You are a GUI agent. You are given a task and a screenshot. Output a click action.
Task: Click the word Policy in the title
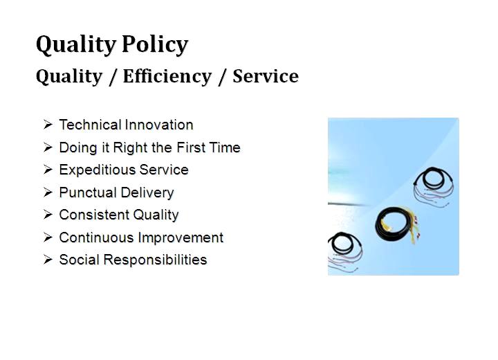[x=155, y=44]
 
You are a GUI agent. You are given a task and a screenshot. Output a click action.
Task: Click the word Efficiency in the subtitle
[x=167, y=77]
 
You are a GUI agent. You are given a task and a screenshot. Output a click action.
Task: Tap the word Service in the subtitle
[x=266, y=76]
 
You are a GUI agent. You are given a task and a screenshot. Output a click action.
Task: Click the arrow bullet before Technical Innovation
[x=48, y=125]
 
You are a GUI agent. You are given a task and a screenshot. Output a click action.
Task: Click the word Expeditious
[x=98, y=170]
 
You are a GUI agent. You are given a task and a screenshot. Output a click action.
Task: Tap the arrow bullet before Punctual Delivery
[x=48, y=192]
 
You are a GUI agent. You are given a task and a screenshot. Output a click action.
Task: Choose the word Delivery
[x=147, y=193]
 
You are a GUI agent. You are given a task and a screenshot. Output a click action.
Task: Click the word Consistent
[x=94, y=215]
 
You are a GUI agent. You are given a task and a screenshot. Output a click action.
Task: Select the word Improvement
[x=181, y=238]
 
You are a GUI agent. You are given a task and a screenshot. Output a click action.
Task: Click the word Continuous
[x=97, y=237]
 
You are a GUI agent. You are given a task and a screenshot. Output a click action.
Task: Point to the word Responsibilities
[x=156, y=260]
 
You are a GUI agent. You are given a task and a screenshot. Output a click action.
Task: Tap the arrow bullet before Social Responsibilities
[x=48, y=260]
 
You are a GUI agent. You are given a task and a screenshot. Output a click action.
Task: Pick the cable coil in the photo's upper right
[x=434, y=187]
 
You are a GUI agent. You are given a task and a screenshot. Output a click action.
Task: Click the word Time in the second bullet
[x=225, y=147]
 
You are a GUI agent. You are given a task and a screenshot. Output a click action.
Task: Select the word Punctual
[x=88, y=192]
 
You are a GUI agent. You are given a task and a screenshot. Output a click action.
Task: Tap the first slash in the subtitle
[x=113, y=77]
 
